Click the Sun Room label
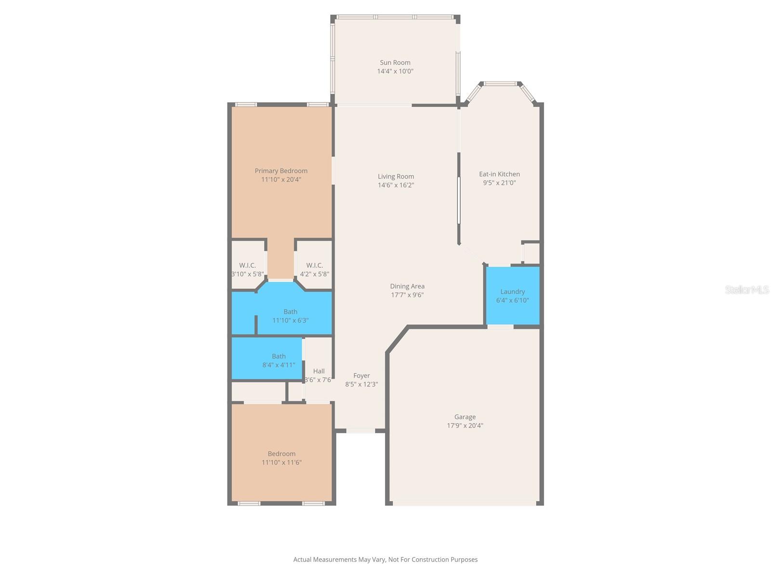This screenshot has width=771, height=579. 395,62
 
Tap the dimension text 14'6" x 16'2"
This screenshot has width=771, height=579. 396,185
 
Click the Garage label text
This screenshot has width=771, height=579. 465,417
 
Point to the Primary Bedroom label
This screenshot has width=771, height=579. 281,171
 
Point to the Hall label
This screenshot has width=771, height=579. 319,371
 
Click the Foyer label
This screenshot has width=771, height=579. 361,375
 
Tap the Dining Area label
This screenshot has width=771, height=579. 407,286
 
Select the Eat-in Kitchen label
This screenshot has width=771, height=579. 499,174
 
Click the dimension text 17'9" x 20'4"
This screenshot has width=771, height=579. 465,426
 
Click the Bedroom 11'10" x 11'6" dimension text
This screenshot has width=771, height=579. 281,462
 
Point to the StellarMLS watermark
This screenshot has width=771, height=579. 747,289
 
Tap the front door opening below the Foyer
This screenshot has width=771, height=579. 360,430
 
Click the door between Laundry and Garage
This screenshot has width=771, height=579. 500,327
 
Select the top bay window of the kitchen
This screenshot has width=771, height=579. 500,84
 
